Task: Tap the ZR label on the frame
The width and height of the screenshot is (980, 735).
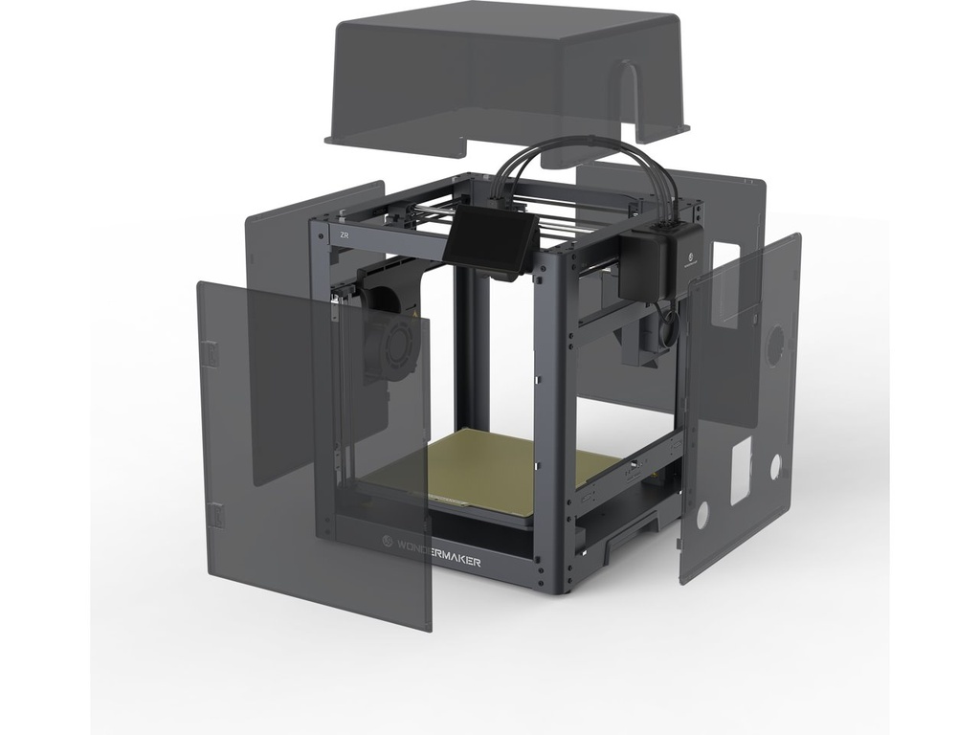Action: pyautogui.click(x=343, y=234)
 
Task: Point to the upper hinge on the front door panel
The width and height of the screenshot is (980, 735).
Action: pyautogui.click(x=212, y=353)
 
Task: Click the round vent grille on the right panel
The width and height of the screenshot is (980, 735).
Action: pyautogui.click(x=775, y=344)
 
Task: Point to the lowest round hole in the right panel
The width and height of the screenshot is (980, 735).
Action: pyautogui.click(x=703, y=515)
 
